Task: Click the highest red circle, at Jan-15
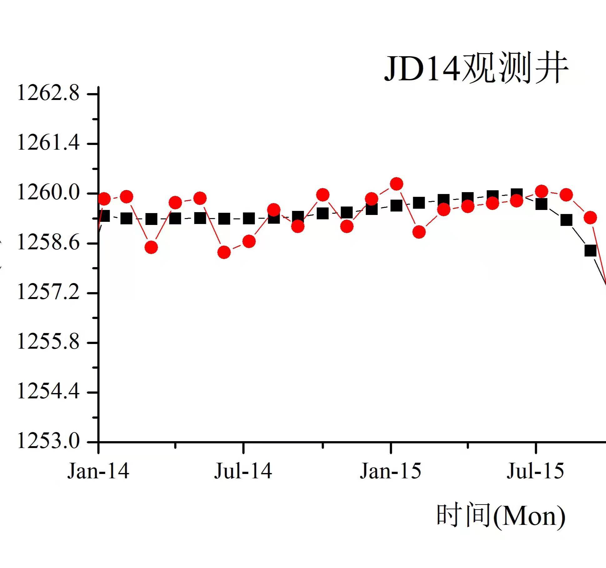[x=397, y=184]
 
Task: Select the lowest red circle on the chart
[x=224, y=252]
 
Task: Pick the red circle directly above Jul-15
[x=541, y=191]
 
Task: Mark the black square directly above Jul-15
[x=541, y=204]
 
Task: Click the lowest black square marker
[x=590, y=250]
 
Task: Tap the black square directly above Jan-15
[x=397, y=206]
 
